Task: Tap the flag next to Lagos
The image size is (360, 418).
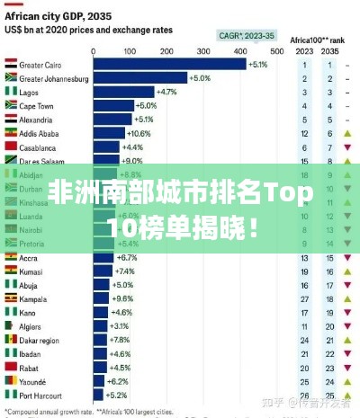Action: [11, 93]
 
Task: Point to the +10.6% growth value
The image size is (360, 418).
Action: [141, 133]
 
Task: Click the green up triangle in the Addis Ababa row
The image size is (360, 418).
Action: [346, 133]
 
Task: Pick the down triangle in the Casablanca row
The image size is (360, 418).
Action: [346, 147]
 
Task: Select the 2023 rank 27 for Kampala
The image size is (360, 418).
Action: [306, 298]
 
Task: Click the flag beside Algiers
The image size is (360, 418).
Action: [11, 325]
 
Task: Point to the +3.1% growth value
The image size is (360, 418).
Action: [118, 325]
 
